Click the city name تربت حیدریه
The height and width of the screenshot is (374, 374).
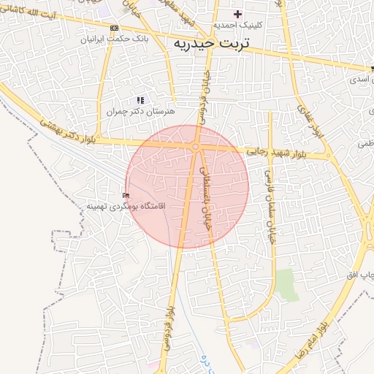[x=211, y=44]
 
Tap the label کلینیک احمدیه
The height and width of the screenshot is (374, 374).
[x=237, y=25]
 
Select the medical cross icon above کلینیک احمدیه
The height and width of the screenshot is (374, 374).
[x=237, y=14]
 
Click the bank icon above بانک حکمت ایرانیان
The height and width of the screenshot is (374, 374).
[x=112, y=28]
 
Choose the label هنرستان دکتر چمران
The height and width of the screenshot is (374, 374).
[x=141, y=112]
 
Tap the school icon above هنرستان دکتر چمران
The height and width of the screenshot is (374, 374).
[x=141, y=100]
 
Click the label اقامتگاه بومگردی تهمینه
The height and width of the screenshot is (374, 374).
[x=126, y=206]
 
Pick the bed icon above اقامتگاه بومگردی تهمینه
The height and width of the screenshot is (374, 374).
[x=126, y=196]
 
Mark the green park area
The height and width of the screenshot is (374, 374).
[x=286, y=283]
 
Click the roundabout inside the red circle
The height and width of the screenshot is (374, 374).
[x=196, y=148]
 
